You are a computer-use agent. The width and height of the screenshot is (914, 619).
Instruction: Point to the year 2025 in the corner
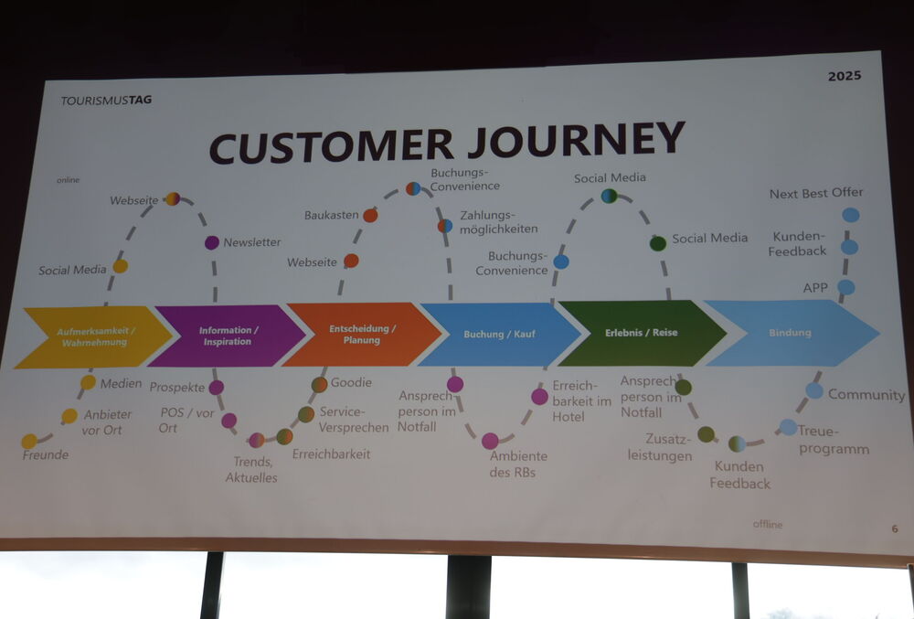point(844,76)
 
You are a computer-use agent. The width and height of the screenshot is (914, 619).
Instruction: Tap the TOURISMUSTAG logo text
point(106,100)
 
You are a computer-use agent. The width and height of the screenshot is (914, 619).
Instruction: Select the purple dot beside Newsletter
point(212,242)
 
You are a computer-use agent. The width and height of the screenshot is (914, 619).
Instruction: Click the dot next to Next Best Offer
point(850,215)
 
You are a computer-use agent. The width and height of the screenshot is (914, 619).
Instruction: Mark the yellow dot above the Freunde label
point(29,441)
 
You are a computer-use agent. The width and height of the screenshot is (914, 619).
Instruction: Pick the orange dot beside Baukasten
point(370,216)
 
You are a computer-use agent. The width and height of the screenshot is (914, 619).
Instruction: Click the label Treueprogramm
point(833,439)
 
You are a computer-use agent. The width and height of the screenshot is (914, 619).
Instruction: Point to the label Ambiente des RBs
point(518,464)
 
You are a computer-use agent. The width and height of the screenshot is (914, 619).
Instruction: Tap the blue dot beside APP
point(846,287)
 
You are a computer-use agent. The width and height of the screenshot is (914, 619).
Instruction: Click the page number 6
point(895,528)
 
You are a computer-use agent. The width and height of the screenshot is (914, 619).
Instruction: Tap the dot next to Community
point(814,390)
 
